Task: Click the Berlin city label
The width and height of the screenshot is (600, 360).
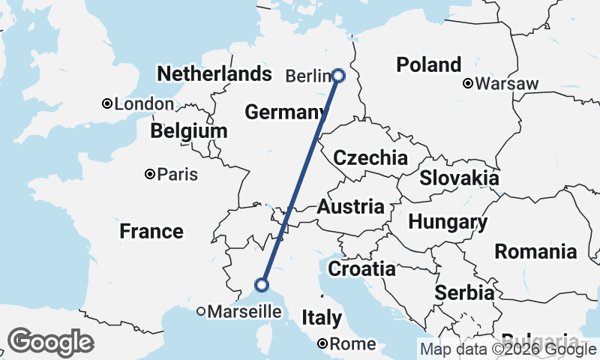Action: pos(307,76)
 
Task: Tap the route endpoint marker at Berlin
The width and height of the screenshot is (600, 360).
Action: pos(338,75)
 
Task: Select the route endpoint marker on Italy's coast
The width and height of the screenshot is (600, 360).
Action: pos(262,284)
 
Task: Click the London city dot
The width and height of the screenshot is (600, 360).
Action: pos(107,103)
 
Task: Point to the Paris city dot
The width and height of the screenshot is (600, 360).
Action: pos(150,174)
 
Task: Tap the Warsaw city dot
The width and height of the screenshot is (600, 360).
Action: pos(468,83)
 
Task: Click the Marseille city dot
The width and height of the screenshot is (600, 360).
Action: pos(201,310)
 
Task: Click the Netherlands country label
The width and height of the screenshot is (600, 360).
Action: pos(214,73)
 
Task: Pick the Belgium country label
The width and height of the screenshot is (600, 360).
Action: pos(188,131)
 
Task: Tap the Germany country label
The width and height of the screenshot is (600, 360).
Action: pos(283,112)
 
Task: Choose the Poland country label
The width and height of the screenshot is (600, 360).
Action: pos(429,64)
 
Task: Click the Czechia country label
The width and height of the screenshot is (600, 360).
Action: pos(370,158)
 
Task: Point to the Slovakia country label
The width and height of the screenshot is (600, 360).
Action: pos(459,178)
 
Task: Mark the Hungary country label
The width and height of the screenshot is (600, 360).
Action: pos(448,222)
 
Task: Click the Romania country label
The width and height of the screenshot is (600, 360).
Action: pos(535,251)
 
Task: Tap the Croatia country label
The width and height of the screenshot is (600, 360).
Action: pos(362,268)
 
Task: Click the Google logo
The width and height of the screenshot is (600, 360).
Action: pos(51,342)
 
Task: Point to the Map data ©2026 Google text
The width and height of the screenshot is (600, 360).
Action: pos(508,349)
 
